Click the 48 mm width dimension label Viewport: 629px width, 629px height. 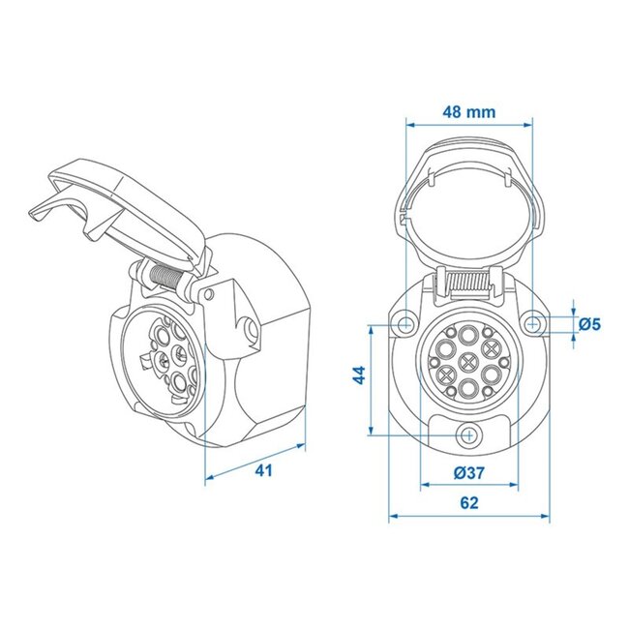pyautogui.click(x=468, y=111)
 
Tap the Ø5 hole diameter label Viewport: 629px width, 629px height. pyautogui.click(x=589, y=324)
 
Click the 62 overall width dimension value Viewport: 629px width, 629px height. pyautogui.click(x=468, y=503)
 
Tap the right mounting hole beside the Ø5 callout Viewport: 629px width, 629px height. pyautogui.click(x=535, y=321)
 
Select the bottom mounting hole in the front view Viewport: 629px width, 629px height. pyautogui.click(x=469, y=435)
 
